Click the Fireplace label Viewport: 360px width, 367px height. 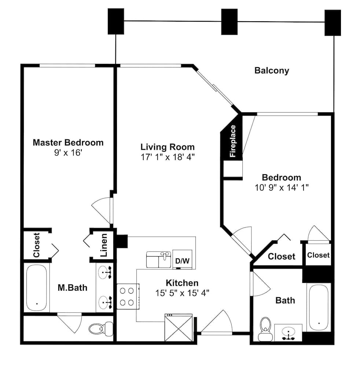[232, 141]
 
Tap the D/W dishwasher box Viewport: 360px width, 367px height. [182, 261]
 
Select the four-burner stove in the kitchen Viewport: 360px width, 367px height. [127, 296]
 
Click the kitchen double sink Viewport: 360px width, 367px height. [159, 259]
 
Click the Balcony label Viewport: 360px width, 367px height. [272, 70]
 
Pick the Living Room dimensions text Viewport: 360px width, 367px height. [168, 157]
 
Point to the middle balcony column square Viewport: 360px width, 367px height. [229, 22]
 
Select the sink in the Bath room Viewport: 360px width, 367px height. [288, 333]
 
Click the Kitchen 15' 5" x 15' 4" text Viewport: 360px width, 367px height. [182, 293]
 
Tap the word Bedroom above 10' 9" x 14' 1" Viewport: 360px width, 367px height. [282, 178]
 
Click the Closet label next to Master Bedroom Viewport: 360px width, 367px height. [36, 245]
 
